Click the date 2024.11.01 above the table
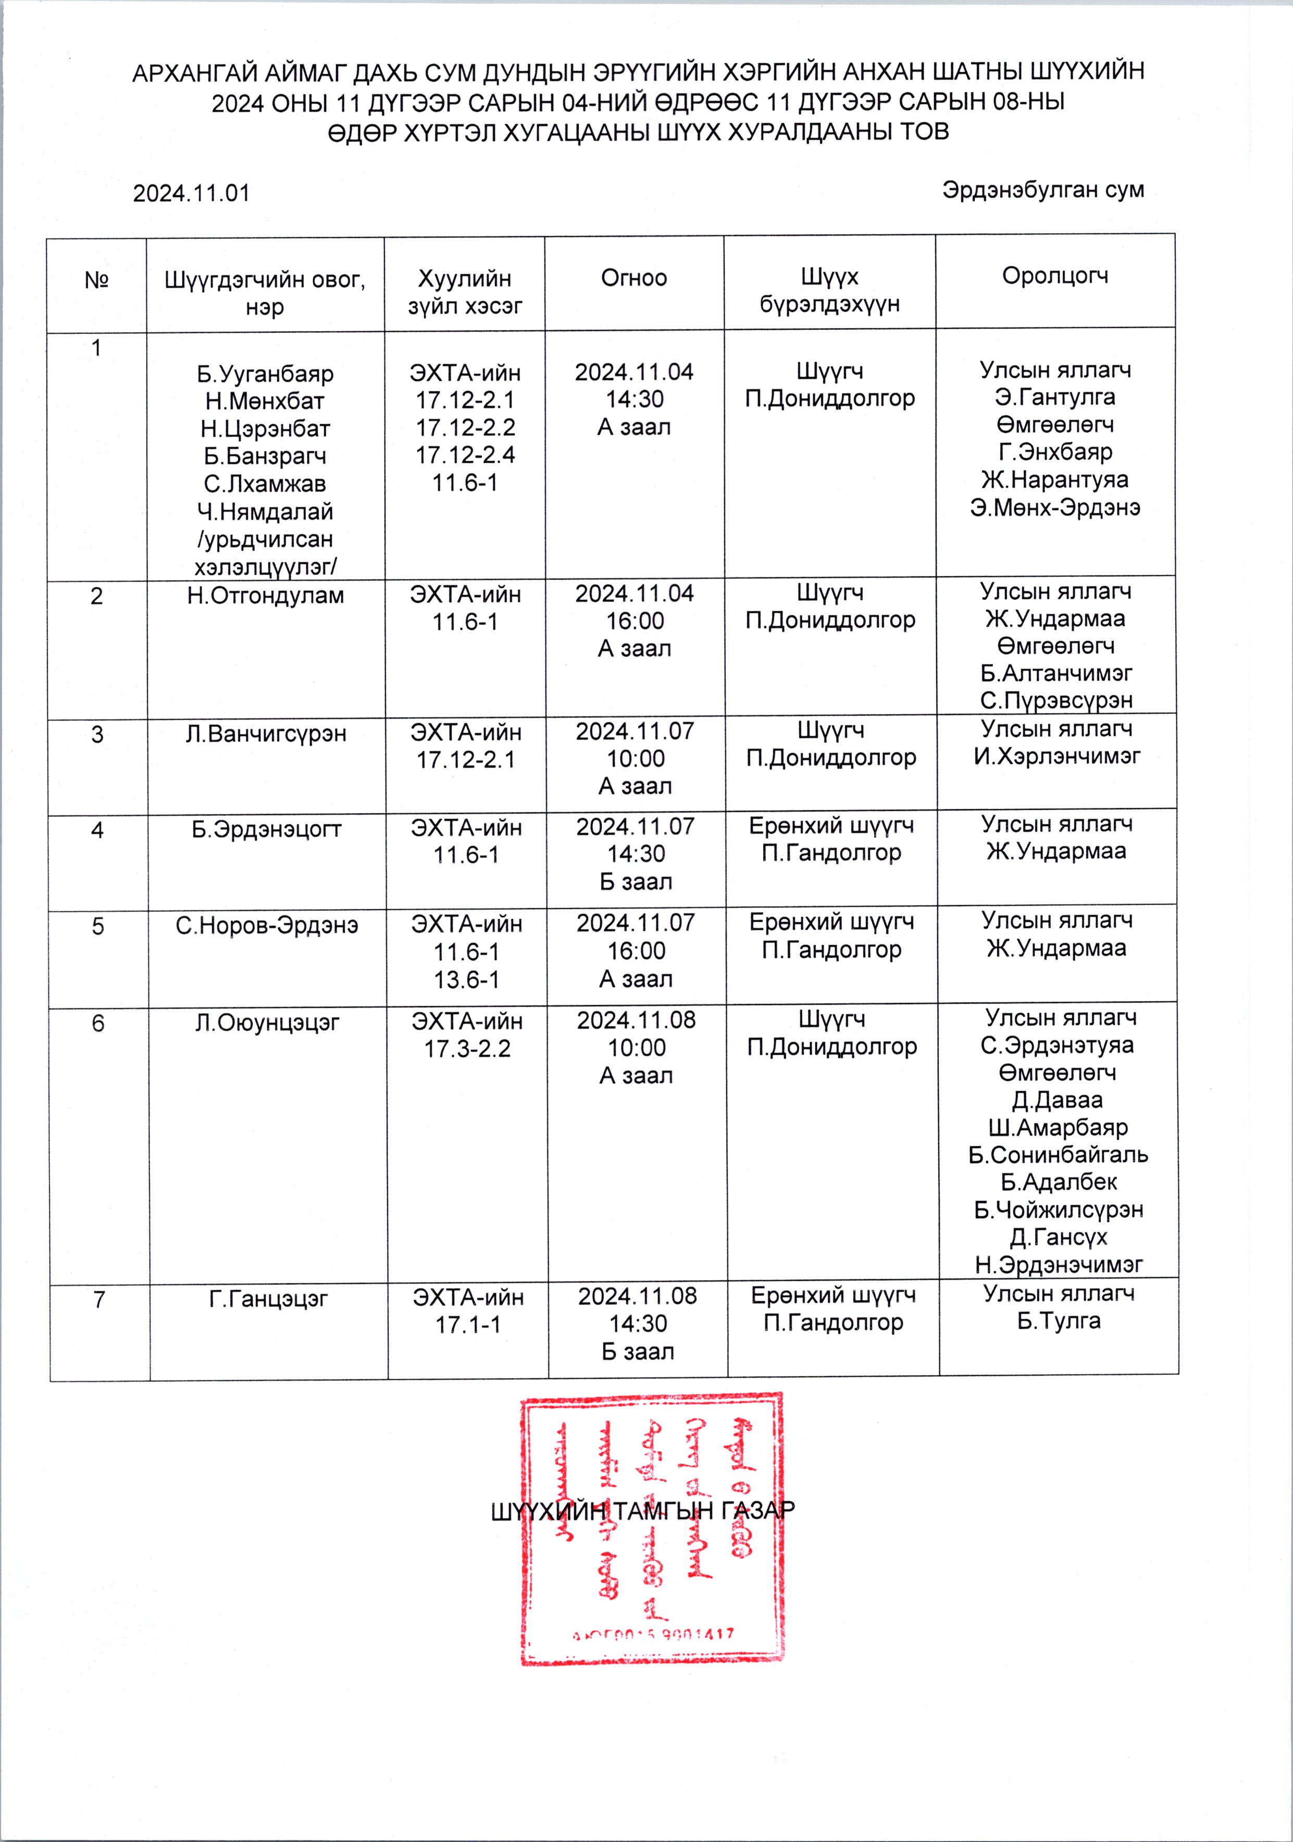[191, 193]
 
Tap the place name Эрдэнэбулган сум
[1043, 190]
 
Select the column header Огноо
[633, 278]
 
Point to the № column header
[96, 280]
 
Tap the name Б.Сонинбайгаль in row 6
[1058, 1155]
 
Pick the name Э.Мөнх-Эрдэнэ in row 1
[1055, 507]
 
